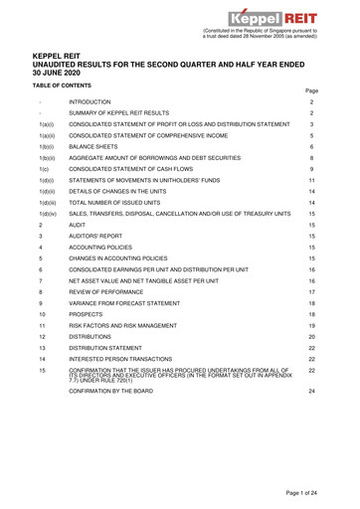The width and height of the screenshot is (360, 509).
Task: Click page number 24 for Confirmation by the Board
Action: [338, 476]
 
